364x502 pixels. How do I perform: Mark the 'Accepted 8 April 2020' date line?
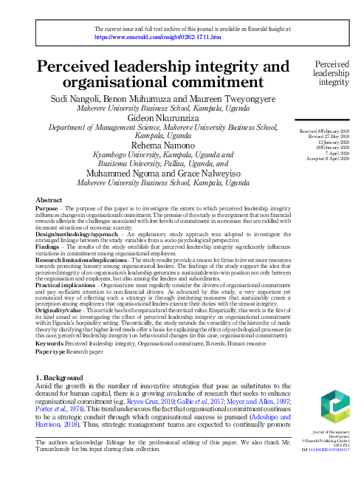tap(330, 159)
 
